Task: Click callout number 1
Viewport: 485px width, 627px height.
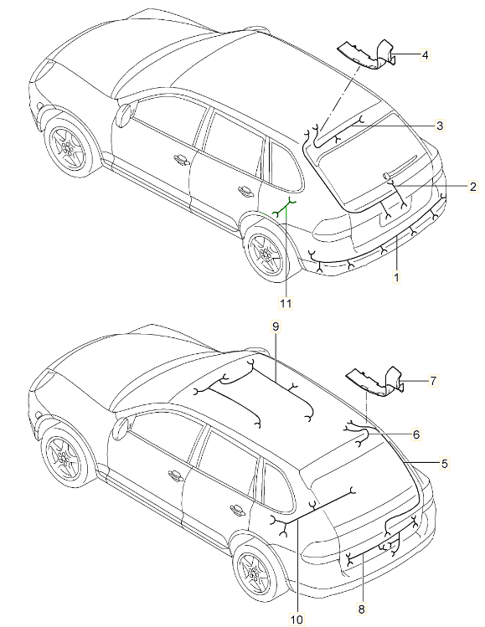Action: [x=396, y=275]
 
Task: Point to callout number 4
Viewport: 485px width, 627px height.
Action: [x=425, y=55]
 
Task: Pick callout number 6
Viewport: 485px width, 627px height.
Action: [x=415, y=434]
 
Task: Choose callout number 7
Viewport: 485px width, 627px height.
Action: [x=433, y=381]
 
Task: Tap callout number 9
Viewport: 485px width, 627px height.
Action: [x=274, y=325]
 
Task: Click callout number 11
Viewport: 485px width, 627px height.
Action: [x=286, y=303]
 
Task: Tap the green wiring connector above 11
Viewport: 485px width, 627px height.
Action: [x=286, y=207]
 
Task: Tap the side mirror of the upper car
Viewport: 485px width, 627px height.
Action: [x=125, y=114]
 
